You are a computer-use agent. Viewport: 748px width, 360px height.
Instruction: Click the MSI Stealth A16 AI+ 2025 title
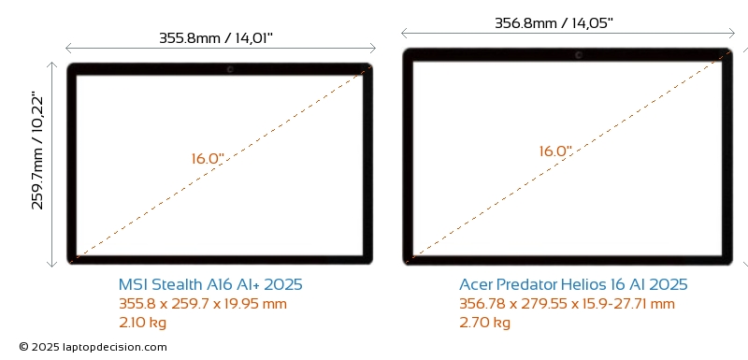[x=210, y=284]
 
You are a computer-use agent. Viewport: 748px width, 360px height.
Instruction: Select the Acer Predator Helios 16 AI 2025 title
[x=573, y=284]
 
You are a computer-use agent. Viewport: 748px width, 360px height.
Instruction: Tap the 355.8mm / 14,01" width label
[x=216, y=37]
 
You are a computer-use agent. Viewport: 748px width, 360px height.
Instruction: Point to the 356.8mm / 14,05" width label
[x=554, y=22]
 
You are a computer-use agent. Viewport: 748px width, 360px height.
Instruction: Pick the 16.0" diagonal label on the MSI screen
[x=208, y=159]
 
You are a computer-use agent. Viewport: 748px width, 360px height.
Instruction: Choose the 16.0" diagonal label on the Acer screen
[x=555, y=151]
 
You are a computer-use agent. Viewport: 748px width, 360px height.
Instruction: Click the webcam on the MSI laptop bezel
[x=230, y=69]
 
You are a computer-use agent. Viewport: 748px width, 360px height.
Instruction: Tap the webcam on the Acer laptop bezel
[x=579, y=55]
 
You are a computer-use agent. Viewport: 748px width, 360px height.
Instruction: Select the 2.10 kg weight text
[x=143, y=323]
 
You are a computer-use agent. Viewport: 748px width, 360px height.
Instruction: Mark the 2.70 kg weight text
[x=484, y=323]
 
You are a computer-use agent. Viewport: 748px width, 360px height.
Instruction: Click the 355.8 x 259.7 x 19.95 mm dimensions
[x=203, y=304]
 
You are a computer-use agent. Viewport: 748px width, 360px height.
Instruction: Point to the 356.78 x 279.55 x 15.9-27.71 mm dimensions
[x=568, y=304]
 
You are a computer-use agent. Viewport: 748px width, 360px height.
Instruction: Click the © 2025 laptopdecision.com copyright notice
[x=93, y=347]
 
